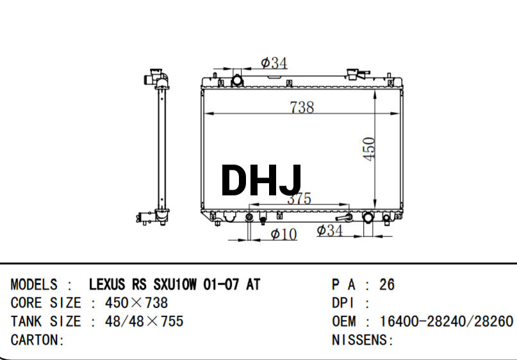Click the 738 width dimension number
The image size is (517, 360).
pos(302,107)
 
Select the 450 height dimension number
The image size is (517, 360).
pos(369,149)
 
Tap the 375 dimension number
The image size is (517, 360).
pos(299,199)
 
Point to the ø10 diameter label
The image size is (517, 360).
pos(284,234)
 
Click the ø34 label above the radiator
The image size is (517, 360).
pos(274,63)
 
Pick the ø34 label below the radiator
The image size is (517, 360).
pos(330,230)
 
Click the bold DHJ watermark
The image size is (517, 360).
pos(261,180)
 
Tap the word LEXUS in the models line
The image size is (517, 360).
pos(107,284)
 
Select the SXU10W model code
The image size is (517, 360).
pos(175,284)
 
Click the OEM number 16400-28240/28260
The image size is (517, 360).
pos(447,321)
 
